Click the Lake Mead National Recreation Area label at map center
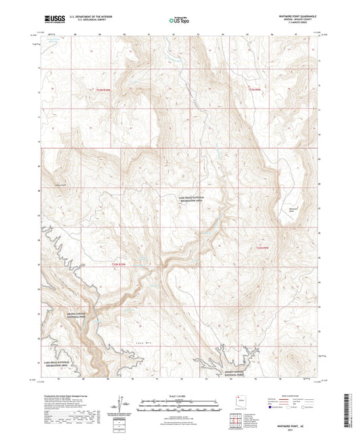tap(190, 199)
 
